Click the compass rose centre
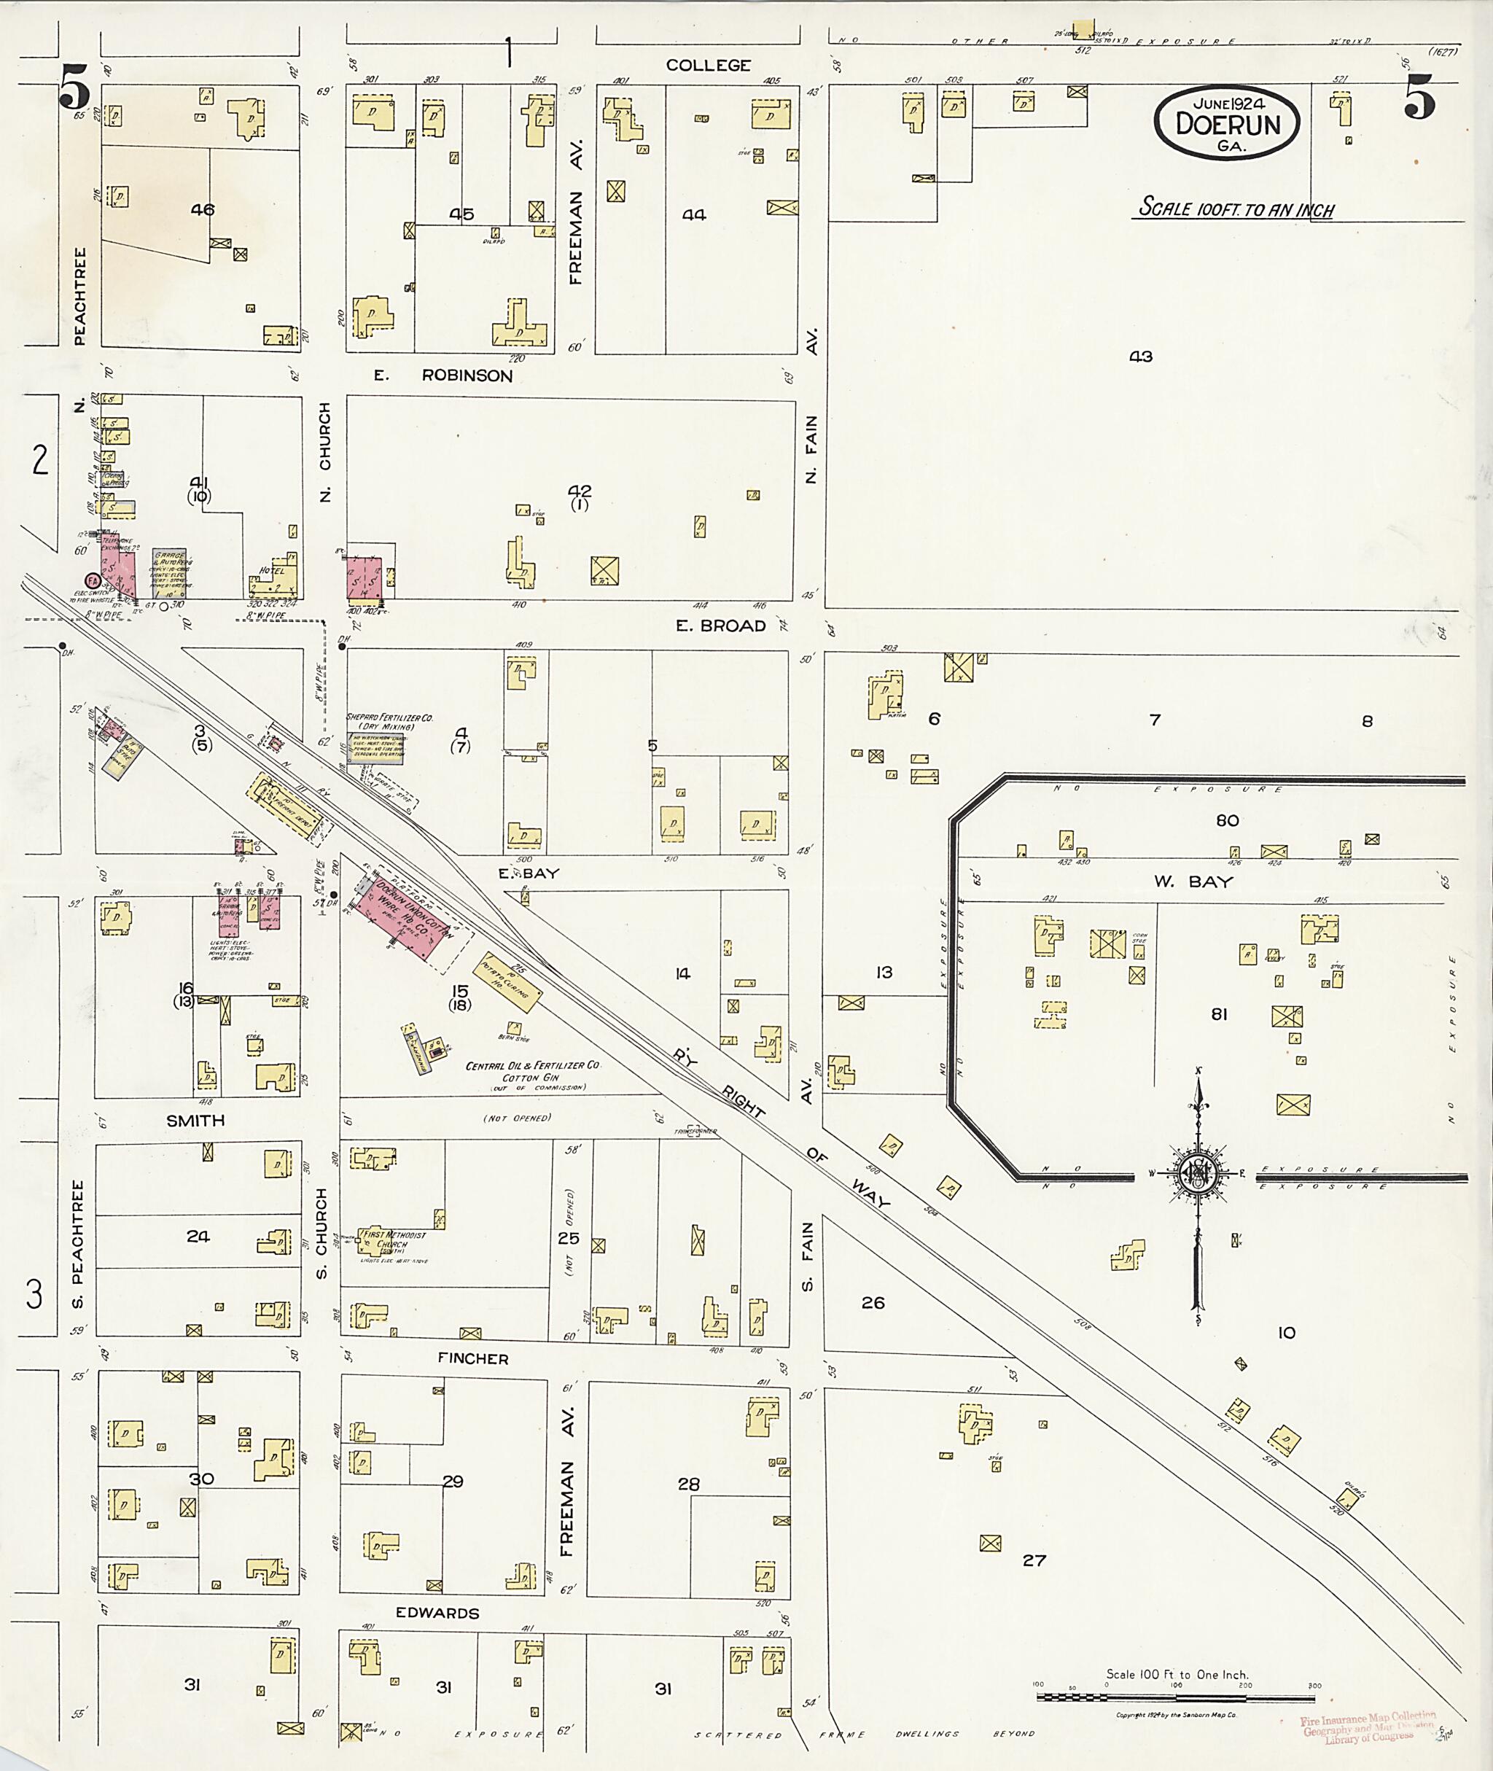(x=1198, y=1173)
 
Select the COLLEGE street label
(x=708, y=65)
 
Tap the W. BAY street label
(x=1193, y=881)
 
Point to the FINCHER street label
(x=472, y=1359)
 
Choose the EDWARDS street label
(x=437, y=1613)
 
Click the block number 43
(x=1140, y=357)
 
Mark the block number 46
(x=202, y=210)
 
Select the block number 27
(x=1034, y=1560)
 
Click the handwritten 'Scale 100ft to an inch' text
(x=1236, y=209)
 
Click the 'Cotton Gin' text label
(x=531, y=1078)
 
